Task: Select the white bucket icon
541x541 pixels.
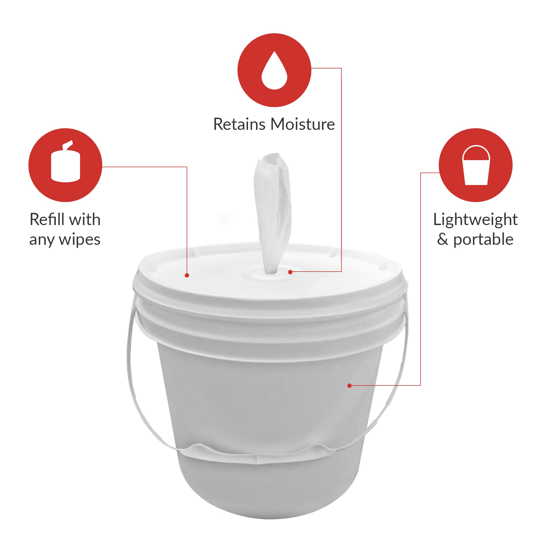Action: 476,165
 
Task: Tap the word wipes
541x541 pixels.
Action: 80,240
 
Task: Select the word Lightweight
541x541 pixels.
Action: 476,219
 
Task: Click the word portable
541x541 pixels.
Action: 483,239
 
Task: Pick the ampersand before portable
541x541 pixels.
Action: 443,239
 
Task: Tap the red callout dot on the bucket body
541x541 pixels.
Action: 349,385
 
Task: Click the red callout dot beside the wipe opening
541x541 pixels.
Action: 290,272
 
